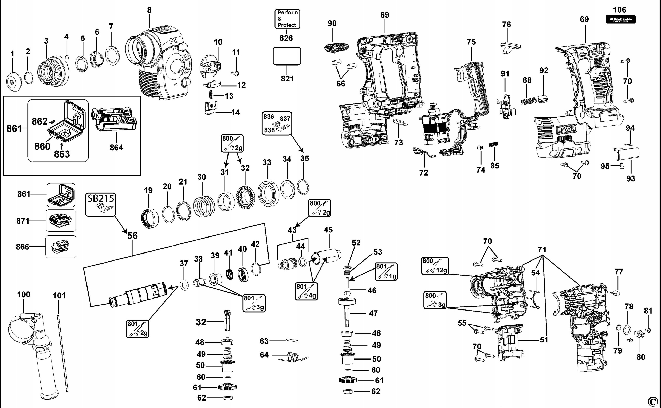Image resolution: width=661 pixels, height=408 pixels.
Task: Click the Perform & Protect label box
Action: point(287,19)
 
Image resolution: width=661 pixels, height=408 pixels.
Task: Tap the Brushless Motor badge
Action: point(620,20)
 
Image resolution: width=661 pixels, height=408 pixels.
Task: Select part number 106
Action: point(619,10)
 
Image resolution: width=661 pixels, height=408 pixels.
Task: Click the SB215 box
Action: point(101,204)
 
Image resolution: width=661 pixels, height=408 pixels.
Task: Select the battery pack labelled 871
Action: point(61,221)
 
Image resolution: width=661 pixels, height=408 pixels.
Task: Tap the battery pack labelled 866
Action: point(61,247)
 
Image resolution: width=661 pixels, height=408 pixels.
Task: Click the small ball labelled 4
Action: point(67,57)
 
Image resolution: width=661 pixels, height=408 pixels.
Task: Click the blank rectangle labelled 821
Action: point(287,56)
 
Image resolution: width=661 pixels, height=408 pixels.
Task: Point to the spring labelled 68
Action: point(528,102)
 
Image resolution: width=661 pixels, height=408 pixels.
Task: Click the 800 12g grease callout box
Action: point(435,266)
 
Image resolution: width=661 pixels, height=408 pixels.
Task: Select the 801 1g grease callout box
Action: point(386,271)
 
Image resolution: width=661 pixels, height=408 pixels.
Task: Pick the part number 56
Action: point(132,235)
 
